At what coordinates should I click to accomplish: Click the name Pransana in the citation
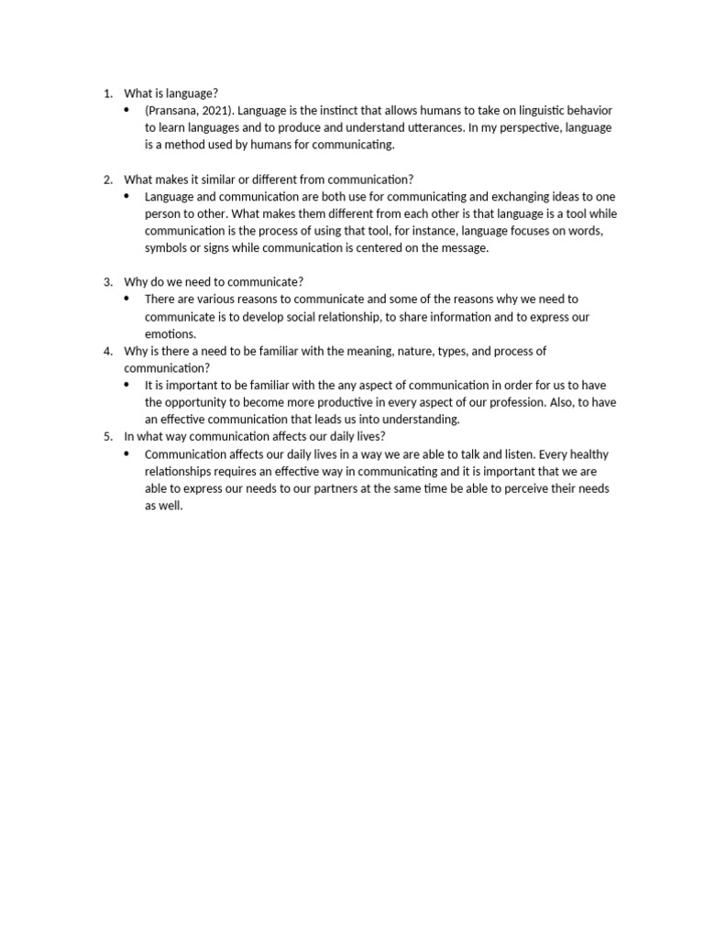pyautogui.click(x=172, y=110)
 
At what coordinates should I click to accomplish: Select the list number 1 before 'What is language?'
pyautogui.click(x=107, y=93)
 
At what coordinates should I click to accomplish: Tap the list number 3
pyautogui.click(x=107, y=281)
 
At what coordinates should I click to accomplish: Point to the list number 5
pyautogui.click(x=107, y=437)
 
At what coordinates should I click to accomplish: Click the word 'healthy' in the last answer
pyautogui.click(x=588, y=454)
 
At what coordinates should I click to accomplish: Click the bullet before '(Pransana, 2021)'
pyautogui.click(x=127, y=110)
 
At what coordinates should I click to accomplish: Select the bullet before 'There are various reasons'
pyautogui.click(x=127, y=299)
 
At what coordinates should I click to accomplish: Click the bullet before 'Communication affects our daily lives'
pyautogui.click(x=127, y=454)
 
